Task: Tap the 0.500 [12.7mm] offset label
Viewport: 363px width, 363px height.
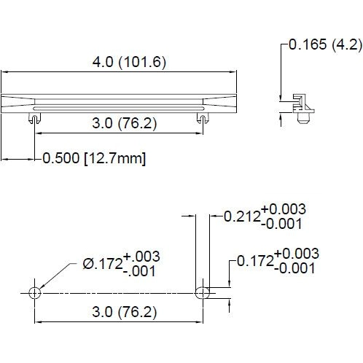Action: click(x=94, y=158)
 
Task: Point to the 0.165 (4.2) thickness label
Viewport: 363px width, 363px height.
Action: click(x=325, y=44)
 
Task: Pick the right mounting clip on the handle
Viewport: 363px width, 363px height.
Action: click(x=201, y=117)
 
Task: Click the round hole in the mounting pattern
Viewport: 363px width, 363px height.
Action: click(x=34, y=292)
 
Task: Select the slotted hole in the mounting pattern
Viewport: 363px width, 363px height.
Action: click(x=203, y=292)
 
